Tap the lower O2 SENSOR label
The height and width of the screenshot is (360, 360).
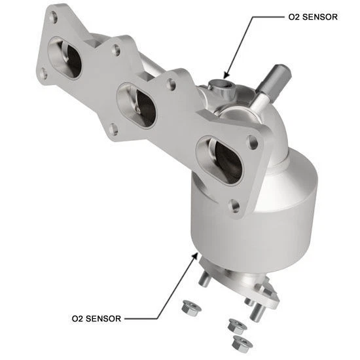tap(96, 319)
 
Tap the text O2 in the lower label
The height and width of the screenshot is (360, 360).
tap(79, 319)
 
